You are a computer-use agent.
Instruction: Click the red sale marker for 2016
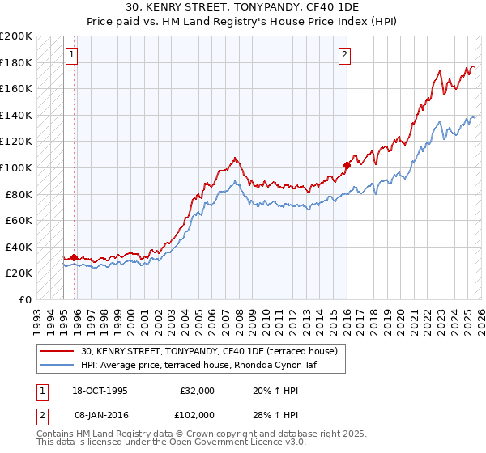[x=347, y=165]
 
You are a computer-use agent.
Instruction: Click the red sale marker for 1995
[x=74, y=257]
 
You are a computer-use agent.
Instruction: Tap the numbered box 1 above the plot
[x=73, y=55]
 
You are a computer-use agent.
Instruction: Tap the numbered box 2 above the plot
[x=345, y=55]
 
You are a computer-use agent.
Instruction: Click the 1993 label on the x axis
[x=36, y=318]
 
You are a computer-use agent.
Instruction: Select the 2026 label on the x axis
[x=479, y=318]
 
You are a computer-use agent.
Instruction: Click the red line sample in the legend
[x=58, y=351]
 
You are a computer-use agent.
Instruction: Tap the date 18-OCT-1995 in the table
[x=100, y=391]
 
